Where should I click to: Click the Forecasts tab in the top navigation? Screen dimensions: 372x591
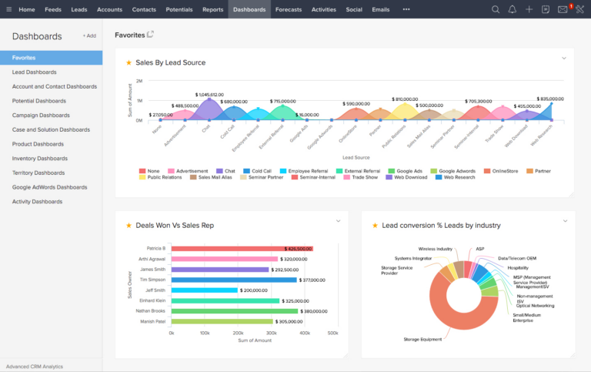(289, 9)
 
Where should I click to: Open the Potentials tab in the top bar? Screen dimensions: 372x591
(179, 9)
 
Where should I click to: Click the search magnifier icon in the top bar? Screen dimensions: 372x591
(496, 9)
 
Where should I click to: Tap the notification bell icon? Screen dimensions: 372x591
(513, 9)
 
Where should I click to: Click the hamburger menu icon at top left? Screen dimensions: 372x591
(8, 9)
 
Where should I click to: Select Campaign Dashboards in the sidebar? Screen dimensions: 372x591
(46, 115)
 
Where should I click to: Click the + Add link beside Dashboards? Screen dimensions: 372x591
(89, 36)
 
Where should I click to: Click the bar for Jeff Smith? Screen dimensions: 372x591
(205, 290)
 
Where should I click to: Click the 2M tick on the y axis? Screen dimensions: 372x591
(139, 81)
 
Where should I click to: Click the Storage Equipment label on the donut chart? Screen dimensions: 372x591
(422, 339)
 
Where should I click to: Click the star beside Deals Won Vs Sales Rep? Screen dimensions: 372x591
(129, 226)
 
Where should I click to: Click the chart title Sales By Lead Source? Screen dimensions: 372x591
(170, 62)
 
